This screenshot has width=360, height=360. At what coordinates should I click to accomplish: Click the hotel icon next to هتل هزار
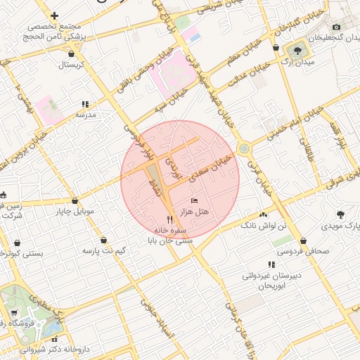[195, 201]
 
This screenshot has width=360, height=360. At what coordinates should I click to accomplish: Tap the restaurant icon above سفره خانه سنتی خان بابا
[169, 219]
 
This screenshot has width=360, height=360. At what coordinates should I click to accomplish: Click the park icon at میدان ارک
[297, 50]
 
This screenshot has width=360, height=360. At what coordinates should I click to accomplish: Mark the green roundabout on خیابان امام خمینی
[244, 149]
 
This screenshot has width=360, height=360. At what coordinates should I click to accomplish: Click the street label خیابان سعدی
[213, 167]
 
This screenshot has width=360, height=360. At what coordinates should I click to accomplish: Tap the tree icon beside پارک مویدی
[341, 214]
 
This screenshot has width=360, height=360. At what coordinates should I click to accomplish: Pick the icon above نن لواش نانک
[264, 214]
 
